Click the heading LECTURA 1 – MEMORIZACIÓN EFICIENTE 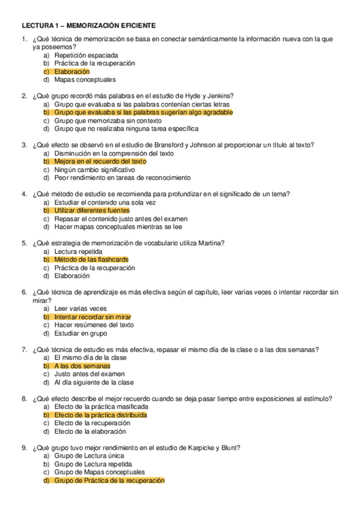(88, 26)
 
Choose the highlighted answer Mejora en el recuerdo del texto (100, 162)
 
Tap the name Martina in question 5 (211, 243)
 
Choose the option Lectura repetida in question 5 (78, 251)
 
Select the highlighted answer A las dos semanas (82, 366)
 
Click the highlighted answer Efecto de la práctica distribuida (100, 415)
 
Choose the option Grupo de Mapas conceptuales (100, 472)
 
